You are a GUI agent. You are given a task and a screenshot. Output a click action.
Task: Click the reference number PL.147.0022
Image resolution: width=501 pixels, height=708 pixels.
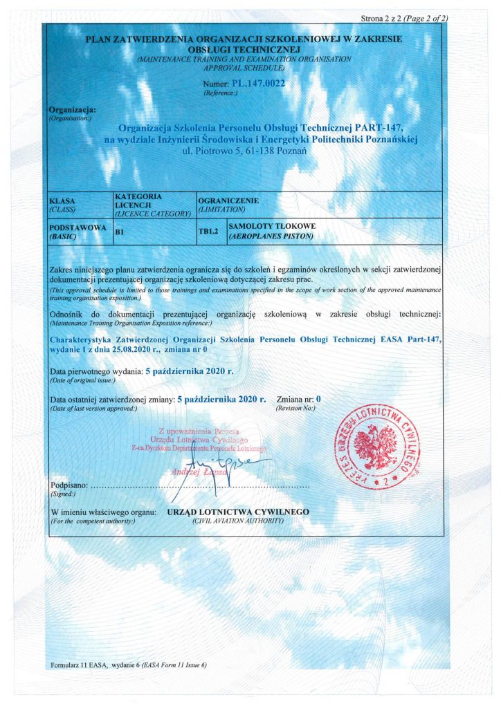pyautogui.click(x=259, y=83)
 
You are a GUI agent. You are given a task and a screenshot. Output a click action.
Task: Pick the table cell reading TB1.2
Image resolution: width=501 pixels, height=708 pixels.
pyautogui.click(x=208, y=232)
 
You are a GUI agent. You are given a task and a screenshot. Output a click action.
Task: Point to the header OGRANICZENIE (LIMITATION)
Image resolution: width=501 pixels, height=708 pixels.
pyautogui.click(x=228, y=204)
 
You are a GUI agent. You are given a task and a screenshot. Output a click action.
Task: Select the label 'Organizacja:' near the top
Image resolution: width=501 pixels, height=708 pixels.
pyautogui.click(x=73, y=109)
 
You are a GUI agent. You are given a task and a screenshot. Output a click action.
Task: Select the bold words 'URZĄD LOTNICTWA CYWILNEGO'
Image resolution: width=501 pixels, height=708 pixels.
pyautogui.click(x=239, y=512)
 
